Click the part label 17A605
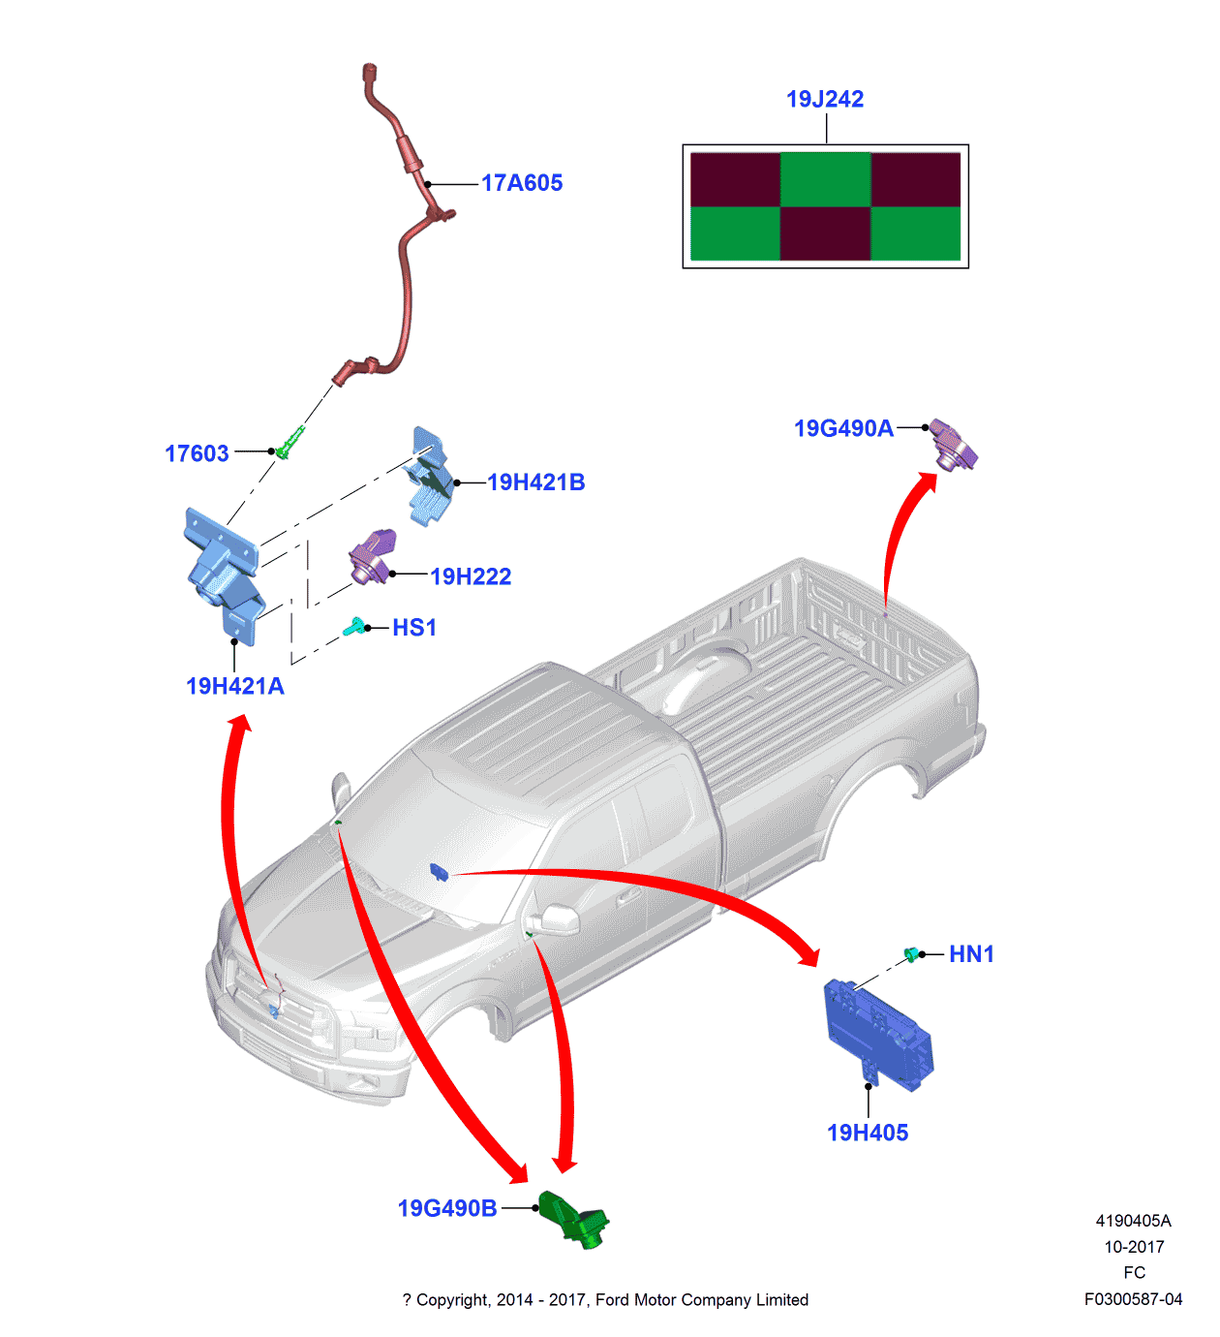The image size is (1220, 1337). [522, 183]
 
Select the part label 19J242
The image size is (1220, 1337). [824, 99]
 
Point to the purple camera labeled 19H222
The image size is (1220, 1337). [373, 558]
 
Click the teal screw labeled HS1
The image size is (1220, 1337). [354, 627]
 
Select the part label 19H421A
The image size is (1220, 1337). [234, 686]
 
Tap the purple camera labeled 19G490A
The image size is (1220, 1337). [953, 445]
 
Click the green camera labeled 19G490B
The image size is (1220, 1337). [573, 1220]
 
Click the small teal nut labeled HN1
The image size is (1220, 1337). [910, 954]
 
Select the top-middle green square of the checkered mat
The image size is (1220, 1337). [825, 179]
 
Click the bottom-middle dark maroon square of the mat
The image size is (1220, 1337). [825, 233]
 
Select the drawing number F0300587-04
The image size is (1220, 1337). [1133, 1299]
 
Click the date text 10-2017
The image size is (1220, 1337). [1134, 1247]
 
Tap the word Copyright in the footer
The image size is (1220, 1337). [453, 1300]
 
